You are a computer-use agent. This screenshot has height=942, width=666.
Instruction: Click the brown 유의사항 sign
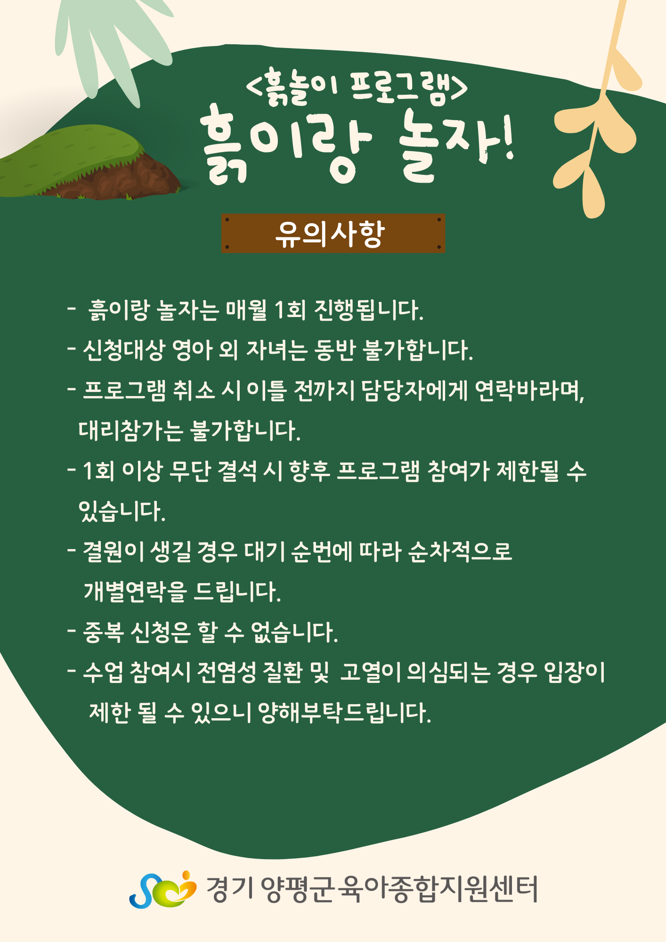(x=333, y=233)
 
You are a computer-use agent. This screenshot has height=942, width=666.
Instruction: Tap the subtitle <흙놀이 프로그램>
(x=357, y=86)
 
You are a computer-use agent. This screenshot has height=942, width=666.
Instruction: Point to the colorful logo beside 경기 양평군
(x=162, y=889)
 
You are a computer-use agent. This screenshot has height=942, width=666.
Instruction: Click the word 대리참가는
(x=130, y=430)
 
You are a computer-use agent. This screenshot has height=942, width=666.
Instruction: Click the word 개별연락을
(x=136, y=592)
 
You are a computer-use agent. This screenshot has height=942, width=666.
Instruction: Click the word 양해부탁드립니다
(x=345, y=713)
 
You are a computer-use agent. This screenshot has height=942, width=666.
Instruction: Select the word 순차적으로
(x=460, y=552)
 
